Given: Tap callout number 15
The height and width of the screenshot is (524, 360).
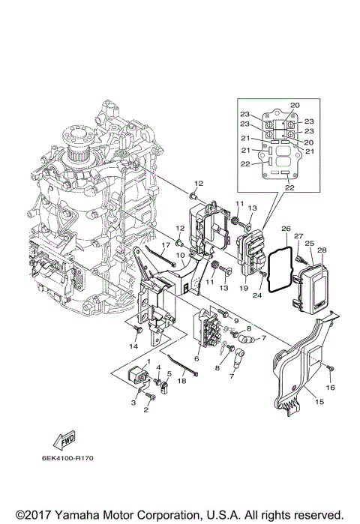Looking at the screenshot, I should pos(319,403).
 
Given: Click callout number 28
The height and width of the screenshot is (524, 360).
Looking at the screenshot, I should pos(322,250).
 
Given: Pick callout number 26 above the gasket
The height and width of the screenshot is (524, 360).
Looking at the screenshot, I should pos(285,228).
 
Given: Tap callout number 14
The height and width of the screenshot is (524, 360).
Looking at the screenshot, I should pos(133,347).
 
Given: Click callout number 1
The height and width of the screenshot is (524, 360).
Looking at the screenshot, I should pos(148,362).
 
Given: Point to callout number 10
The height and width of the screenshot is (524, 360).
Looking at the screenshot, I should pos(179,255).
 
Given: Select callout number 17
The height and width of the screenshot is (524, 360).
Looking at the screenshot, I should pos(166,245).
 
